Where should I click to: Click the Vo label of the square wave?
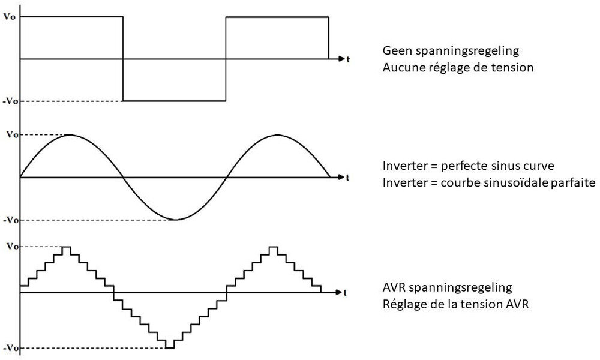[10, 17]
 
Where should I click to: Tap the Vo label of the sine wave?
[10, 135]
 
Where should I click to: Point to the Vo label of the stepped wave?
[10, 247]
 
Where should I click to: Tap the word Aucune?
[401, 68]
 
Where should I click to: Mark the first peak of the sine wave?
[71, 135]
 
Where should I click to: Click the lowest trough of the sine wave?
[174, 220]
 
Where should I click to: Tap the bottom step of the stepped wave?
[170, 347]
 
